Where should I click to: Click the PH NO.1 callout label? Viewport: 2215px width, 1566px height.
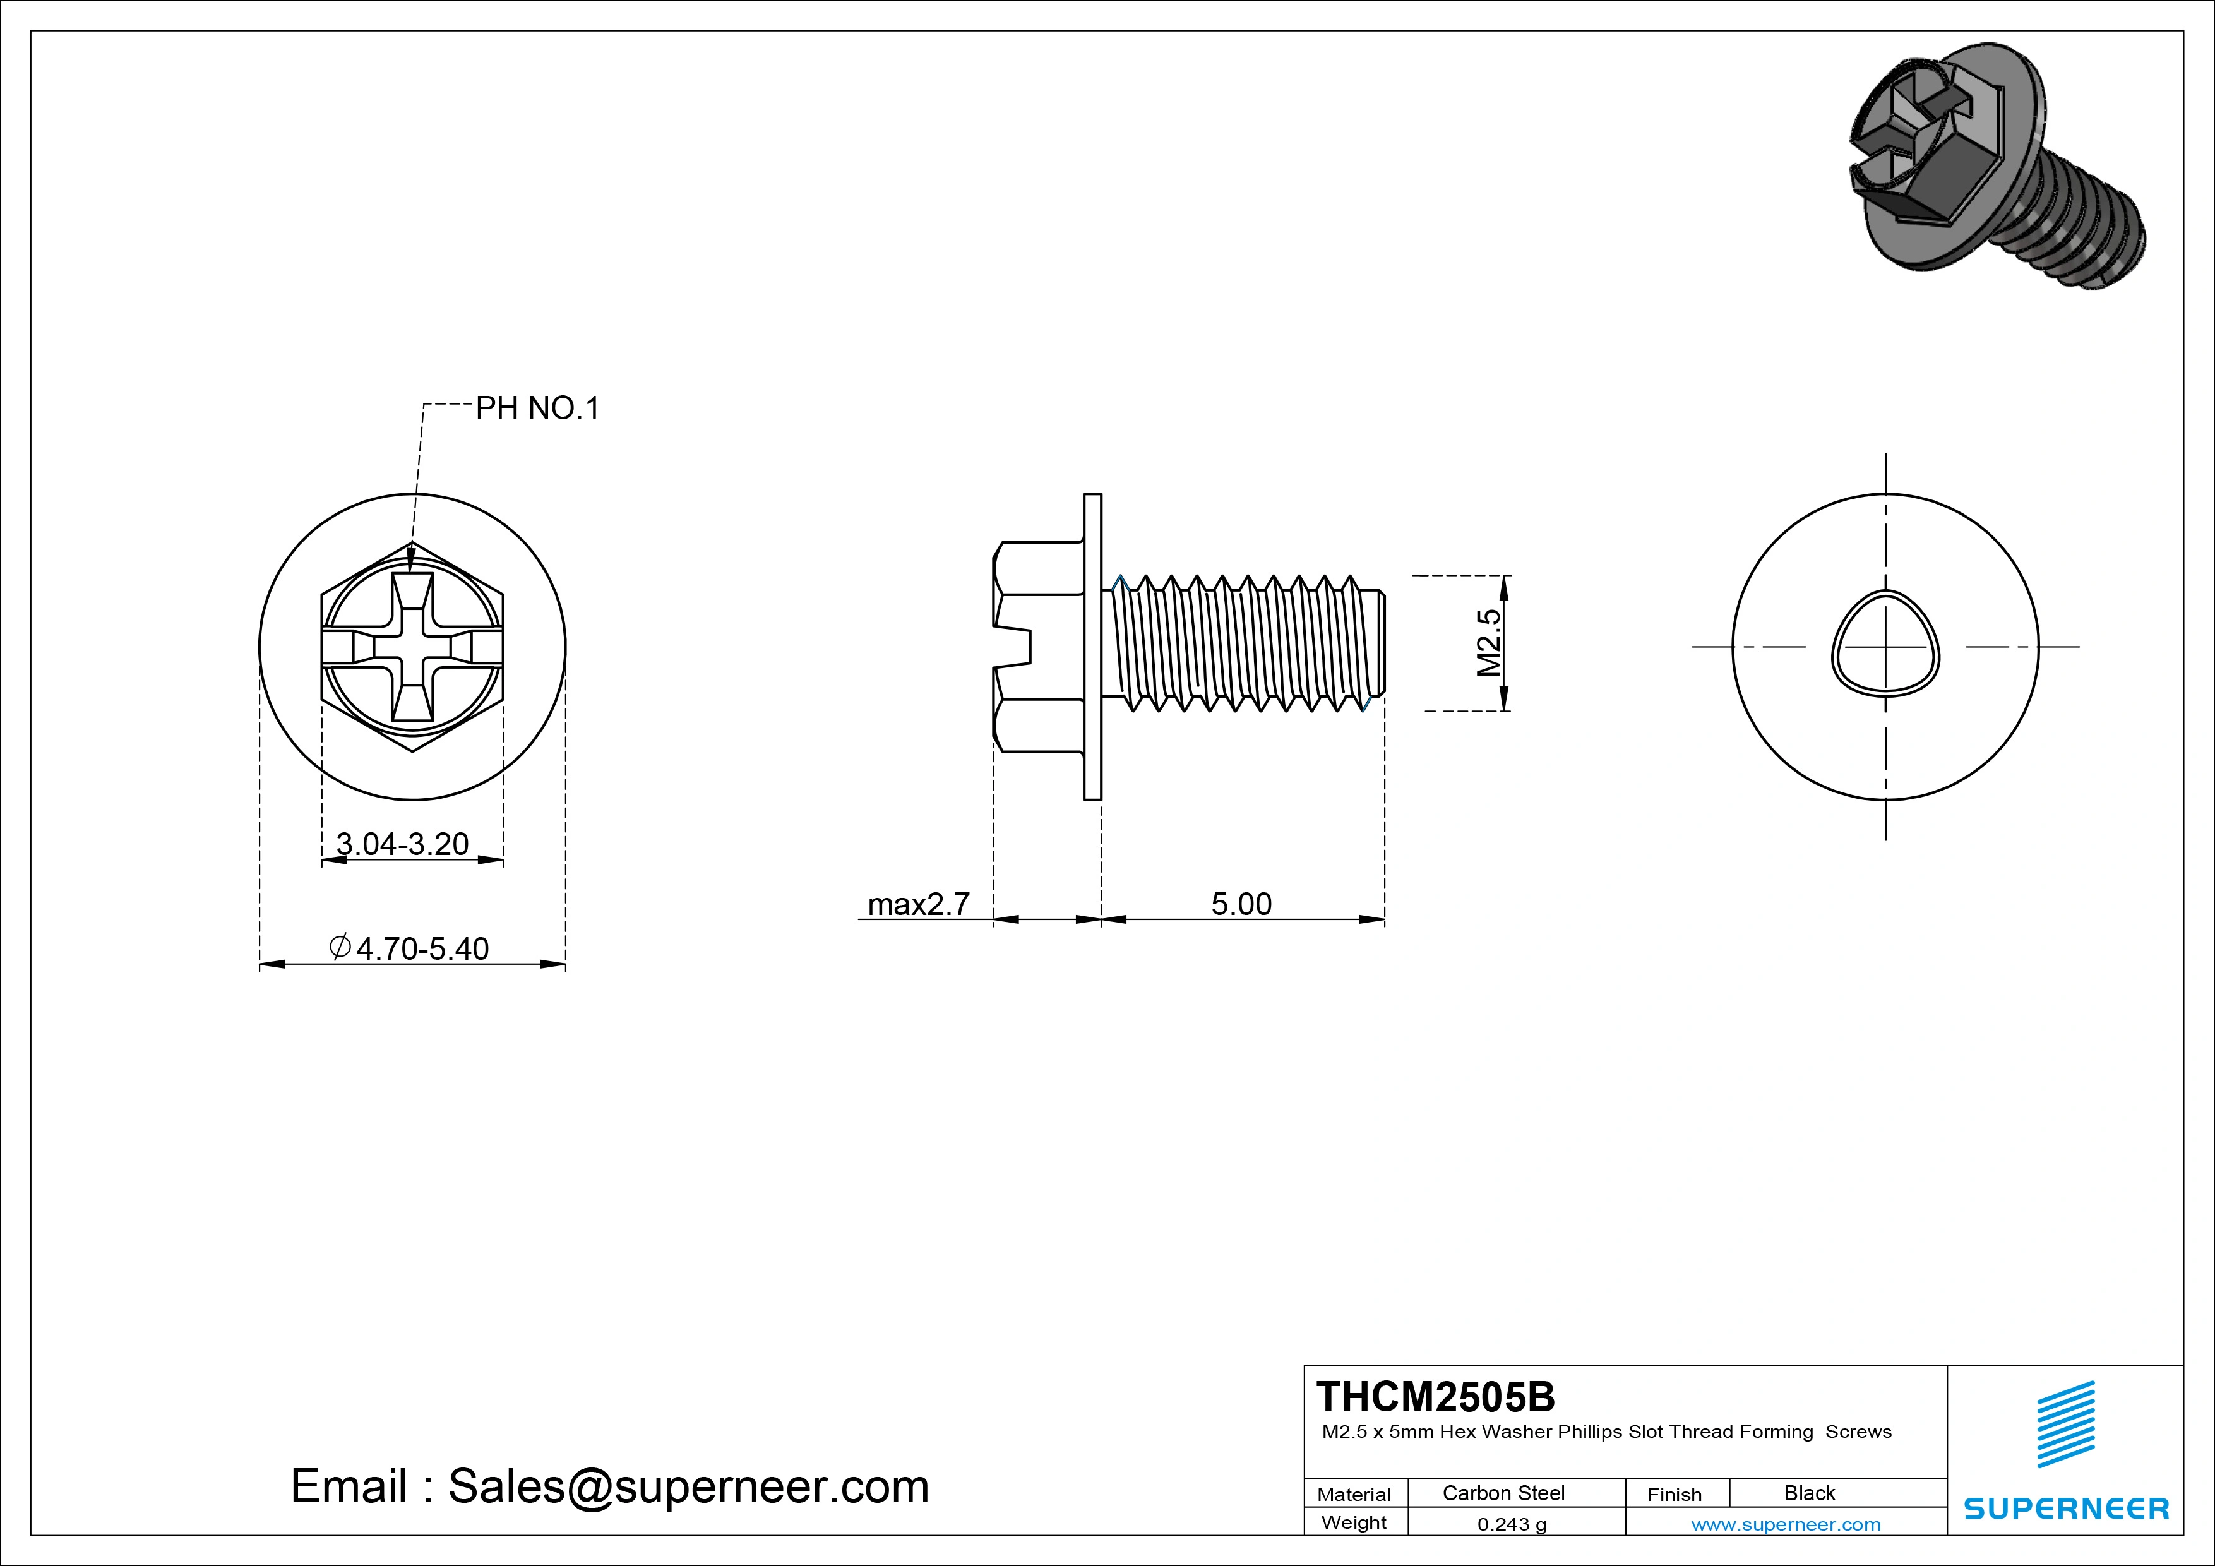[x=537, y=408]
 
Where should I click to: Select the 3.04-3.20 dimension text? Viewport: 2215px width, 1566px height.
[x=402, y=844]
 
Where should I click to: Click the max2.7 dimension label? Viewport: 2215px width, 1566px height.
[x=917, y=904]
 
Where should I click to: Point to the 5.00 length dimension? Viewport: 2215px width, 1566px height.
[x=1241, y=904]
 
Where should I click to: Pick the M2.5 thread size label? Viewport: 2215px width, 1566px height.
[x=1490, y=643]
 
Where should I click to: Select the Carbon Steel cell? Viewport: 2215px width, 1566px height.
[x=1503, y=1493]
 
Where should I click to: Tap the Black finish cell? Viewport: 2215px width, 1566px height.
[x=1809, y=1493]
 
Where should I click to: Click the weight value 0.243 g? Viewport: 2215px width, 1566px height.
[x=1512, y=1524]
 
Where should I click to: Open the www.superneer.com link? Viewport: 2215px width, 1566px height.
[x=1785, y=1524]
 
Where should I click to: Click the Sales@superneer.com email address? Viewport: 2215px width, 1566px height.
[x=688, y=1486]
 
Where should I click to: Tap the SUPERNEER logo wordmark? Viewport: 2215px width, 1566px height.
[x=2065, y=1508]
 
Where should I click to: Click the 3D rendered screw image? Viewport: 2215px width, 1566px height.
[x=1997, y=164]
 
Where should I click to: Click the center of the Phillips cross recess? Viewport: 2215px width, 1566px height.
[x=412, y=647]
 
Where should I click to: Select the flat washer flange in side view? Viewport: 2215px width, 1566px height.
[x=1092, y=647]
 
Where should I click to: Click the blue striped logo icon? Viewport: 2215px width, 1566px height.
[x=2065, y=1424]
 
